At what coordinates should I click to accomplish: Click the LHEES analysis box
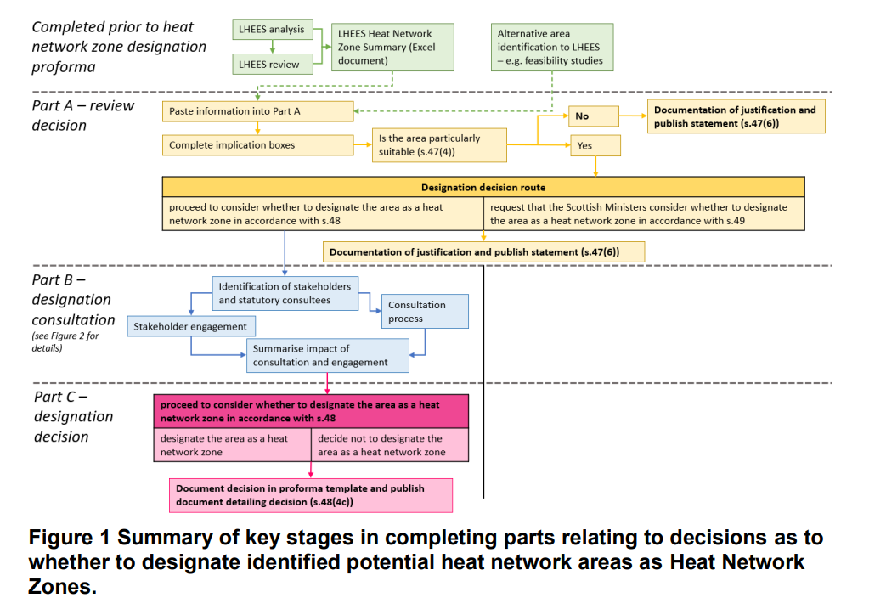coord(273,30)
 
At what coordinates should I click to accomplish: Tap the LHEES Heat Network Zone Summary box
coord(392,47)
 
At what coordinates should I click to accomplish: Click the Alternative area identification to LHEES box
coord(551,47)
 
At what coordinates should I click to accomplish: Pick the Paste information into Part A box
coord(257,111)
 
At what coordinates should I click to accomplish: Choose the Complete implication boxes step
coord(257,145)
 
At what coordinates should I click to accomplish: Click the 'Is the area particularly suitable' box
coord(439,145)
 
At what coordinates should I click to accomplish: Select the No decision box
coord(594,116)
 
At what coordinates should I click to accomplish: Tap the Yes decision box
coord(595,145)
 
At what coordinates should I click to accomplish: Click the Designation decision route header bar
coord(483,187)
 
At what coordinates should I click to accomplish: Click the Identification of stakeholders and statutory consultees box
coord(285,293)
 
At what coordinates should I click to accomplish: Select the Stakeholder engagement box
coord(191,326)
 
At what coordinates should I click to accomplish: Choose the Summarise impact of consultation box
coord(327,355)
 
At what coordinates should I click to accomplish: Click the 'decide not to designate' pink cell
coord(390,445)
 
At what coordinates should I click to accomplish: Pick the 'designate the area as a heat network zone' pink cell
coord(232,445)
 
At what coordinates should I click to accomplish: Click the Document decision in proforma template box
coord(310,495)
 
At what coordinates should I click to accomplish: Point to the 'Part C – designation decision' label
coord(73,416)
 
